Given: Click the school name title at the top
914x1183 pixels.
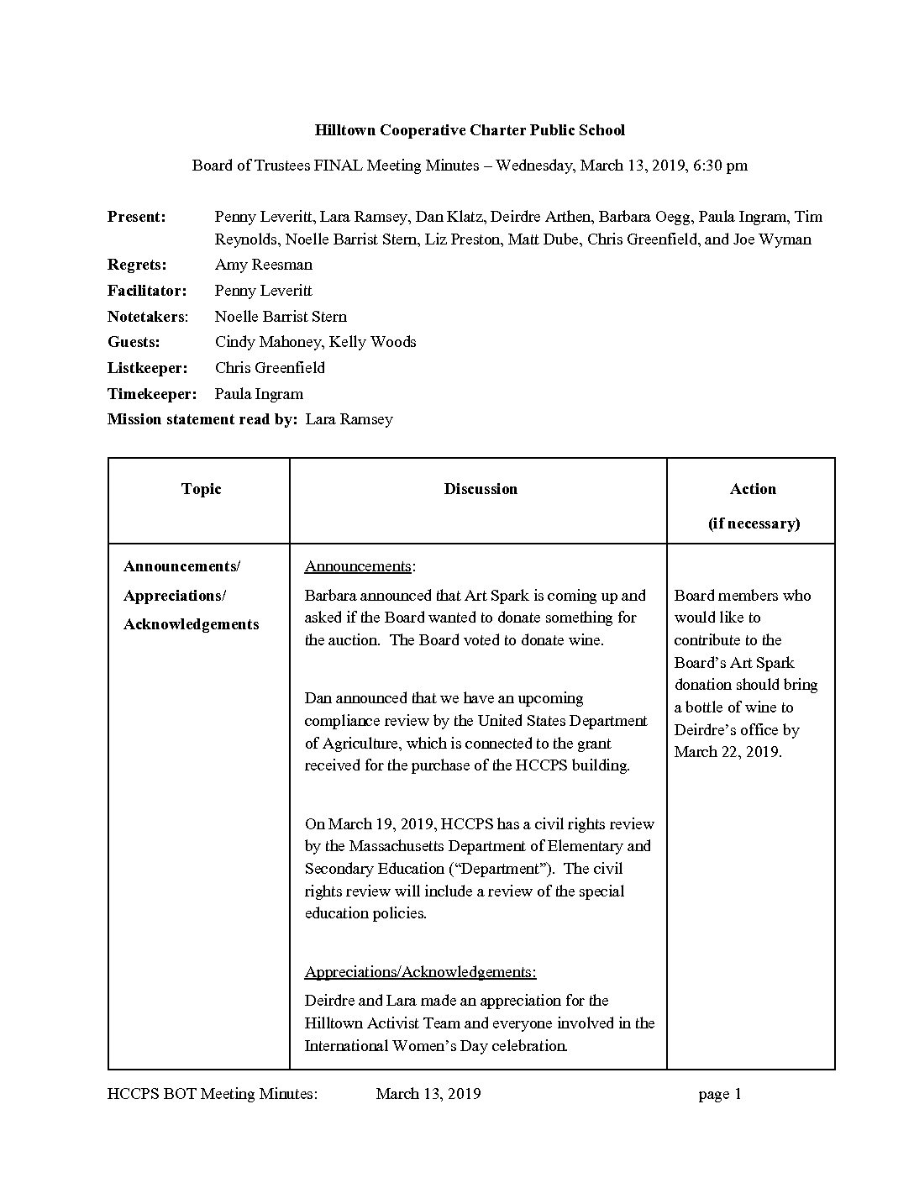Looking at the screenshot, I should coord(470,130).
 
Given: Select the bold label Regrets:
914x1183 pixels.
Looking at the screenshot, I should coord(137,265).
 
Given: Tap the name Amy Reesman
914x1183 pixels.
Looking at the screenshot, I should coord(264,265).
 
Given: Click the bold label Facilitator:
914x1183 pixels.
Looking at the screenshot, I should coord(146,291).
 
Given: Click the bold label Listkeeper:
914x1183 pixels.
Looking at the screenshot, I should coord(147,368).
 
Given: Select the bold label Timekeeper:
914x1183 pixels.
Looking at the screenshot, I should coord(151,394).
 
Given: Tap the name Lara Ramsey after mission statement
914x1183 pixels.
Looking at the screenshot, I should coord(349,419).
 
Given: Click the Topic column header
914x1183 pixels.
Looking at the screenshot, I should coord(201,489).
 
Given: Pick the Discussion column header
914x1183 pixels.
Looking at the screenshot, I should coord(481,489).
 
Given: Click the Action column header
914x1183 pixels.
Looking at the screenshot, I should coord(753,489).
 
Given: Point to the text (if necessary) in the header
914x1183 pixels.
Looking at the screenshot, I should coord(754,523).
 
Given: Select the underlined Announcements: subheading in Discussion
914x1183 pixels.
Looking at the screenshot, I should coord(360,566).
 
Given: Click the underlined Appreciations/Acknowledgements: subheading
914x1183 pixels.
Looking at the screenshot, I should coord(420,972).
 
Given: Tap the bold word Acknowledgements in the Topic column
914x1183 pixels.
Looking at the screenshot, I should coord(192,624).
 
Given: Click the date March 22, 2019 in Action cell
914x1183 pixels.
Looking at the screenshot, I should coord(728,752).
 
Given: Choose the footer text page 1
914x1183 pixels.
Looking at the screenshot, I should coord(720,1094).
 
